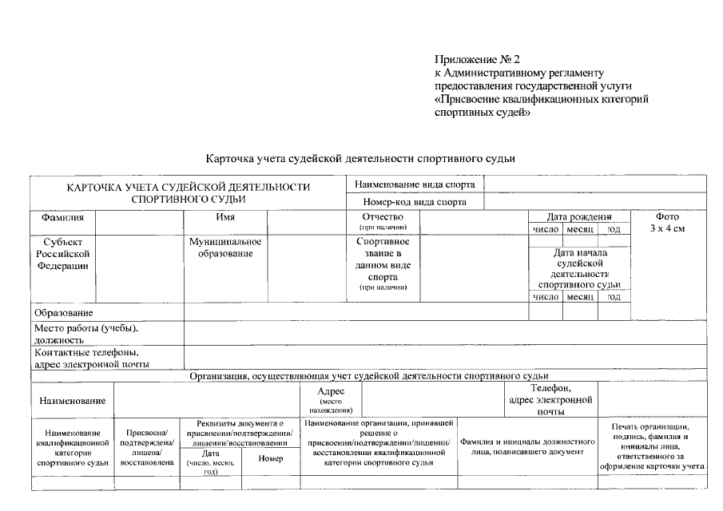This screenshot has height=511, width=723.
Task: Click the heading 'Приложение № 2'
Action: coord(477,60)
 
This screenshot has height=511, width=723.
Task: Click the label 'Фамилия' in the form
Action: coord(57,217)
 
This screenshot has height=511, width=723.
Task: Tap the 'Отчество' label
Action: coord(383,217)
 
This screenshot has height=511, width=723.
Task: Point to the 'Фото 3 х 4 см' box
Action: coord(667,223)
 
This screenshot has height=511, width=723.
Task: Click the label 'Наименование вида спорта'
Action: coord(415,184)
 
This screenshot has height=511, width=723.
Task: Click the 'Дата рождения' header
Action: coord(578,216)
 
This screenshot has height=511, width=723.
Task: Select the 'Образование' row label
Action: coord(63,312)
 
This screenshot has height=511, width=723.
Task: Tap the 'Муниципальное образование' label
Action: coord(224,248)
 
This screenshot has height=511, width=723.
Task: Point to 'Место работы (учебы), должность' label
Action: coord(85,334)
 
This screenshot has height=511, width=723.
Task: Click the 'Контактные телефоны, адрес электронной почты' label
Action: coord(91,358)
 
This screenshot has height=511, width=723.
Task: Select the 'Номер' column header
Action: coord(271,459)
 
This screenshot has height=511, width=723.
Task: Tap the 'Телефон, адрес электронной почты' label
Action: coord(550,400)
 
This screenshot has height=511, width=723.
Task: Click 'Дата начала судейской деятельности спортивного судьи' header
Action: coord(579,268)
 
